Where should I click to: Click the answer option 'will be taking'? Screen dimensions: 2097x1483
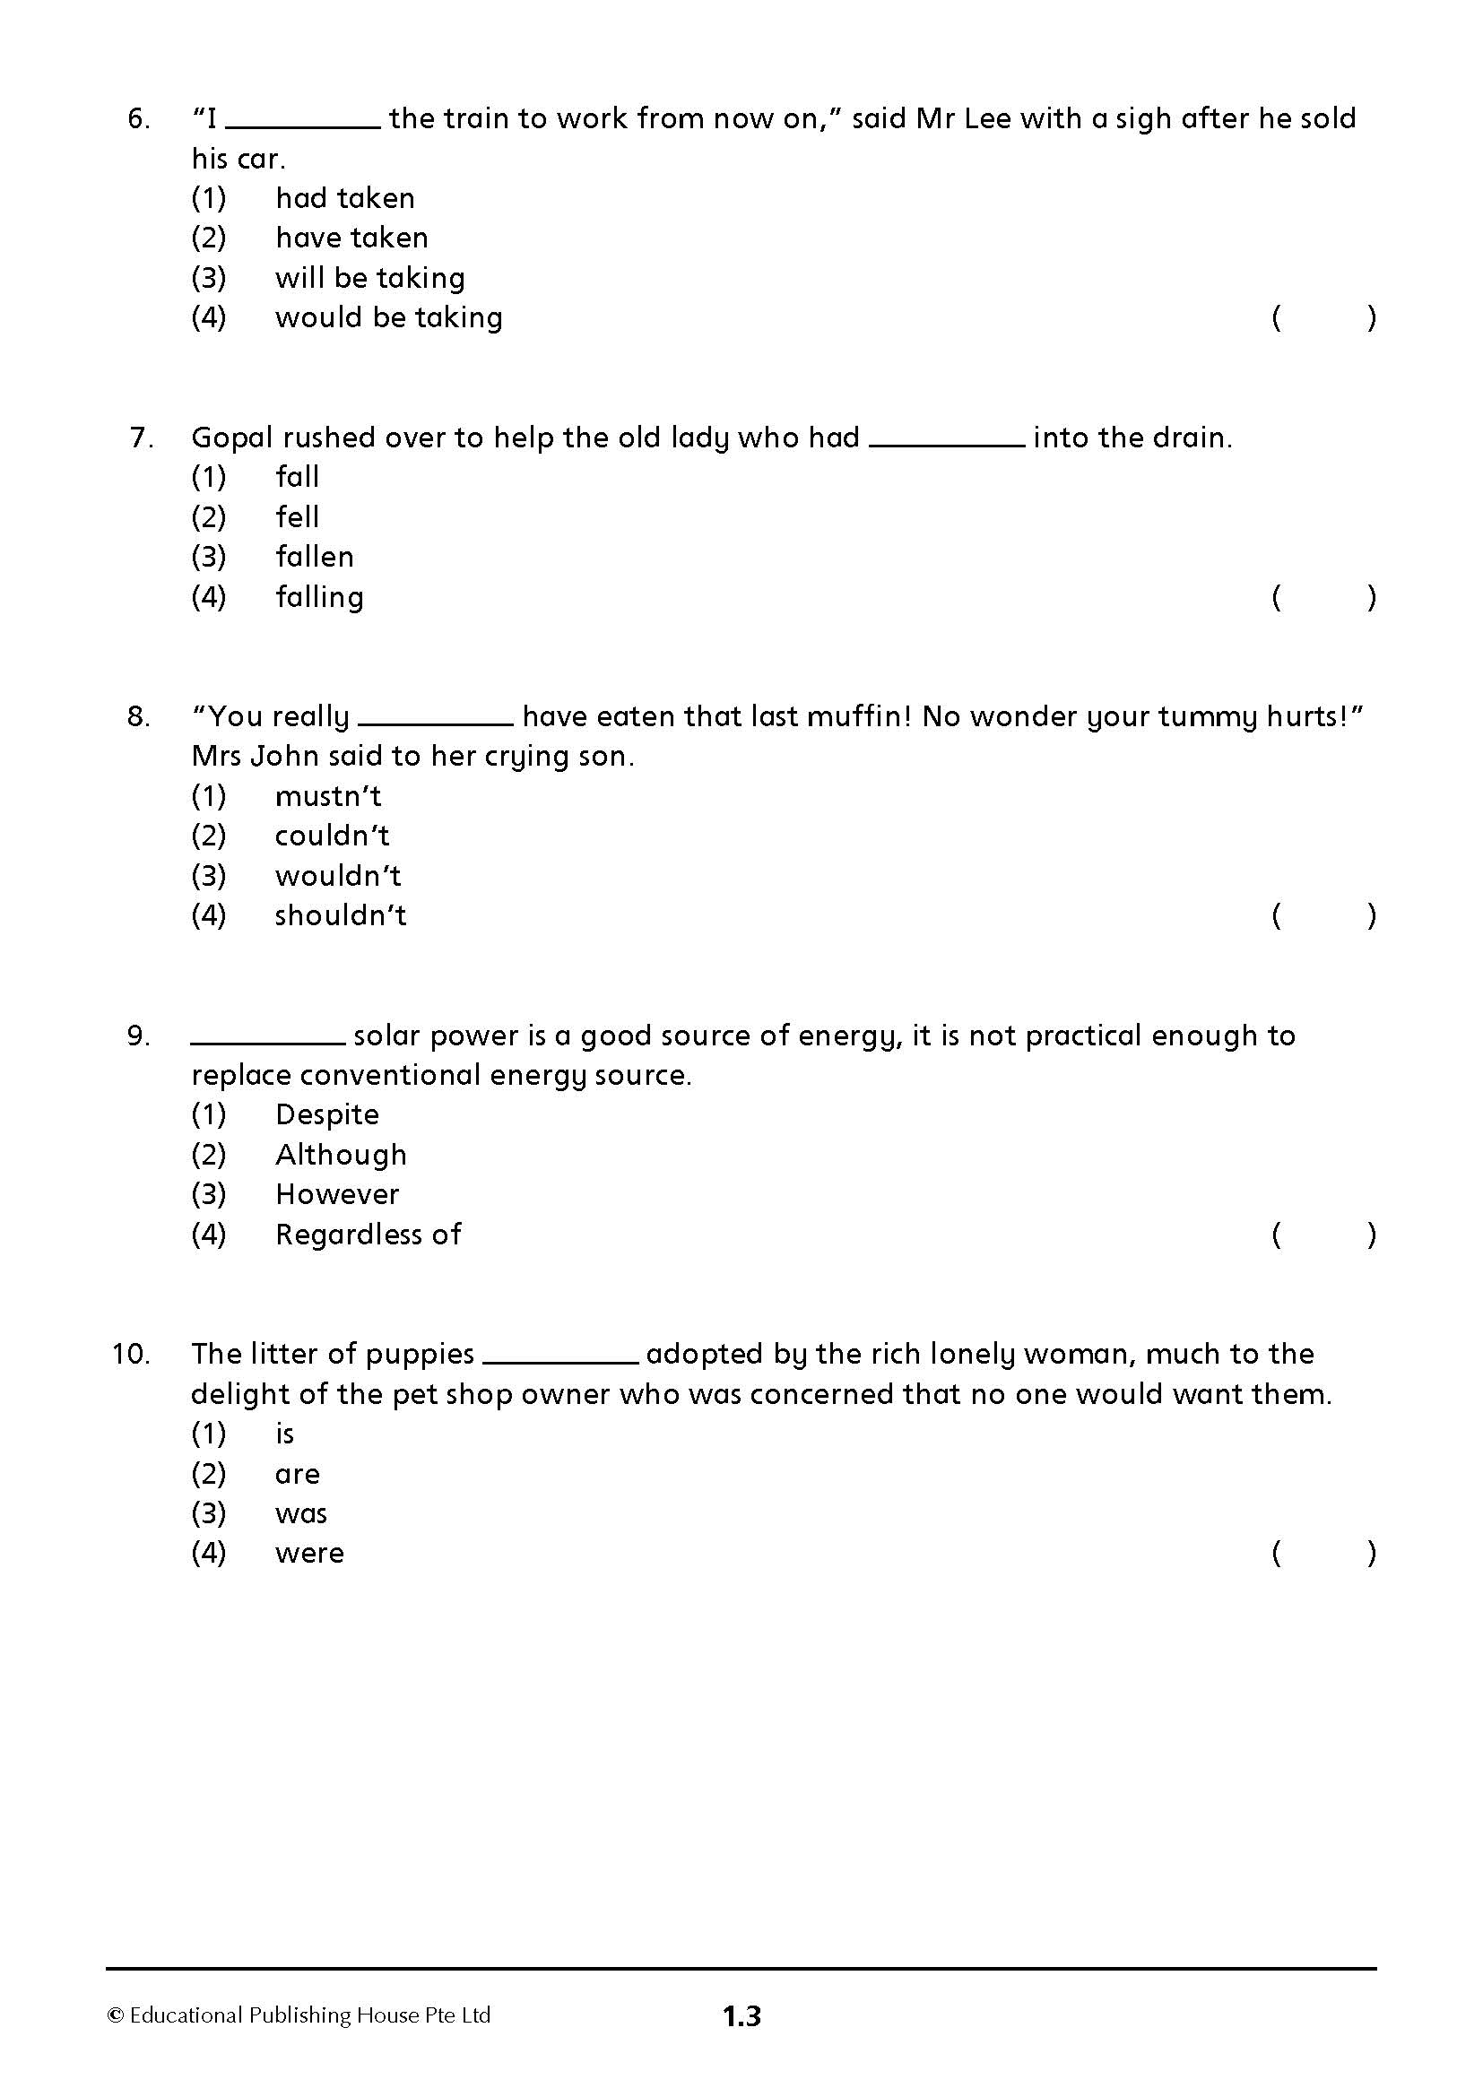coord(369,278)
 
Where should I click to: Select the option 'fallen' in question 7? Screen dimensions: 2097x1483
coord(314,556)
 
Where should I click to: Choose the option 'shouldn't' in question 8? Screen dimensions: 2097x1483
coord(341,915)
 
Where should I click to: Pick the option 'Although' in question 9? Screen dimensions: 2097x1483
coord(341,1155)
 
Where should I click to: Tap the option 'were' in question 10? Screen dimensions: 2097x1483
coord(309,1553)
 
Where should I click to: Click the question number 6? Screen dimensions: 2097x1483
coord(139,118)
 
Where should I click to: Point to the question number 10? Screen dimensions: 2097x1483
coord(132,1354)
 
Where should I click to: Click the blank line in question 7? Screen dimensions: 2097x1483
coord(946,444)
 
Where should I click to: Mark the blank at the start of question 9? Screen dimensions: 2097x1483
coord(267,1041)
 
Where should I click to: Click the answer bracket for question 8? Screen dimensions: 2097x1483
coord(1323,915)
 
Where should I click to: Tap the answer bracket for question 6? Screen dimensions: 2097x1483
coord(1323,318)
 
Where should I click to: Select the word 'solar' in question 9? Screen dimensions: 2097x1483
coord(387,1036)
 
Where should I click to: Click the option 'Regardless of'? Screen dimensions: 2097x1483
coord(368,1235)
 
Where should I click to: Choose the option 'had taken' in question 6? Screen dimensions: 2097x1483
coord(345,198)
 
